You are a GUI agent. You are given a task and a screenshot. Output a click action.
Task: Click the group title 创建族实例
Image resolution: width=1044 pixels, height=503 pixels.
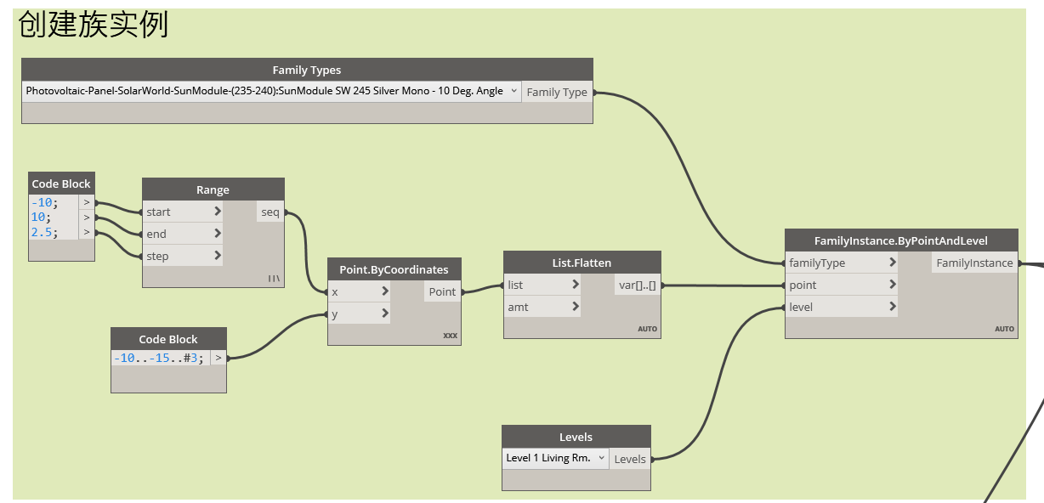(x=94, y=25)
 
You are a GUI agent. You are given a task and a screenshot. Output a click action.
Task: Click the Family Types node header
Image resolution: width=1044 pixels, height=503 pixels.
(x=306, y=70)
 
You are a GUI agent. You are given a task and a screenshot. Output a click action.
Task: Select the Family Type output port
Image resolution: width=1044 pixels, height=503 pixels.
(x=557, y=92)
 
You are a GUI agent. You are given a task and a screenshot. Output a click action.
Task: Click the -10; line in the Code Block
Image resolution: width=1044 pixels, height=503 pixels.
(x=43, y=202)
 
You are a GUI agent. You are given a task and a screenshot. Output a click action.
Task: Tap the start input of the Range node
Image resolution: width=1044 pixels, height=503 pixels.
(x=182, y=212)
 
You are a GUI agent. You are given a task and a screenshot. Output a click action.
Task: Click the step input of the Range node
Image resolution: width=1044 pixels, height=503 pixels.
(x=182, y=256)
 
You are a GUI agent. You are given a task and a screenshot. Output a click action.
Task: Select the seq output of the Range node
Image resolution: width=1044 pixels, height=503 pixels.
(x=270, y=212)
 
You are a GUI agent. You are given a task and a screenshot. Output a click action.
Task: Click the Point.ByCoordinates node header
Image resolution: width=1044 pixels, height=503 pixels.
(x=394, y=269)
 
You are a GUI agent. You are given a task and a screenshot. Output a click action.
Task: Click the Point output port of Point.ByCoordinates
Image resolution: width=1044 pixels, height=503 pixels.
(x=442, y=291)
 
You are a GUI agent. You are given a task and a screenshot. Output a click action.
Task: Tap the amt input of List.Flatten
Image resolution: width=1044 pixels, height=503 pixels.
(x=542, y=307)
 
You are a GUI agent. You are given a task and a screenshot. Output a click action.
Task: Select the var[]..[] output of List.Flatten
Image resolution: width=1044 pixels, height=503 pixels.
(x=638, y=285)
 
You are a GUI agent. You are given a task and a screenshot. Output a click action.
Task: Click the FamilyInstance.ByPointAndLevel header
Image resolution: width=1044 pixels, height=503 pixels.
(x=900, y=240)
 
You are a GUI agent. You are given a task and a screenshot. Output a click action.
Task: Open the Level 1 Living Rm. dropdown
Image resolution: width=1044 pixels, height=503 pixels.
(x=555, y=458)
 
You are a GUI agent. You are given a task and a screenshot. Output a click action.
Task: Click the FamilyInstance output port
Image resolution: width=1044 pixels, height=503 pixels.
(x=974, y=263)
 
